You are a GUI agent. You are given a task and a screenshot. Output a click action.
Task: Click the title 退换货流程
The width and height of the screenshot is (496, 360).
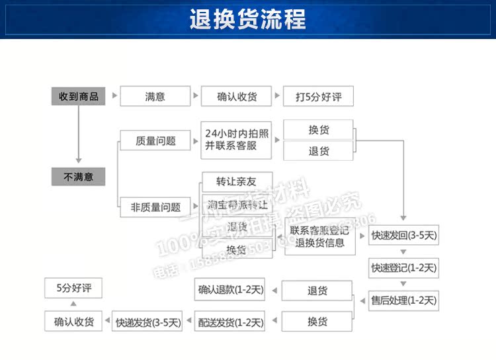[x=248, y=19]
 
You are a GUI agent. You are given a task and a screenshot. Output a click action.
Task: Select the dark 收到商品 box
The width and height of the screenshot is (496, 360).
[x=78, y=97]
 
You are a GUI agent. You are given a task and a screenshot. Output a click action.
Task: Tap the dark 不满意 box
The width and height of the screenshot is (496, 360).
[x=78, y=177]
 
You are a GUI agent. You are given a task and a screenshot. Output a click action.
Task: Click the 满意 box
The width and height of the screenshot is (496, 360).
[x=155, y=97]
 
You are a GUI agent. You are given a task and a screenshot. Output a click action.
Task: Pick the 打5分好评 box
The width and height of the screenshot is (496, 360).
[x=318, y=97]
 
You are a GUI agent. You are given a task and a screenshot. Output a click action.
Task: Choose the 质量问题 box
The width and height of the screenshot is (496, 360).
[x=155, y=140]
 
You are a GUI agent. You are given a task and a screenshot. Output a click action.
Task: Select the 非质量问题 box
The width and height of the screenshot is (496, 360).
[x=155, y=206]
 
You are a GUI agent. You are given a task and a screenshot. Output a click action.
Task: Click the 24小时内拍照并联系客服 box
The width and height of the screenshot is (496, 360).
[x=236, y=140]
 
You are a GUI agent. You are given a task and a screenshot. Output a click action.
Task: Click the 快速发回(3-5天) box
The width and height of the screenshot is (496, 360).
[x=403, y=235]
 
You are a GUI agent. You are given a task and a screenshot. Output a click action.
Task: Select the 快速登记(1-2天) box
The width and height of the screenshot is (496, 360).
[x=403, y=268]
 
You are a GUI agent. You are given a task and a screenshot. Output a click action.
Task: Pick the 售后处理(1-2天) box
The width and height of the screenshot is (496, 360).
[x=403, y=300]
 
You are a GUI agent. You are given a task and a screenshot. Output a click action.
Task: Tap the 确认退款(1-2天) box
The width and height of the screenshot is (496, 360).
[x=230, y=289]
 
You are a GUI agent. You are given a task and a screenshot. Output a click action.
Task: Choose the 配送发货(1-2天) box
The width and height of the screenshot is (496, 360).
[x=230, y=322]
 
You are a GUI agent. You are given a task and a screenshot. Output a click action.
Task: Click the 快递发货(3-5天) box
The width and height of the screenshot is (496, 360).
[x=147, y=322]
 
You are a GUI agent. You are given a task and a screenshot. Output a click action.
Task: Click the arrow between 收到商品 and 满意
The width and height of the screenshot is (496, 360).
[x=114, y=97]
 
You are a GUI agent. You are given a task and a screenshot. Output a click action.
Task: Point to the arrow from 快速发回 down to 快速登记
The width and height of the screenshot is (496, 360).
[x=403, y=251]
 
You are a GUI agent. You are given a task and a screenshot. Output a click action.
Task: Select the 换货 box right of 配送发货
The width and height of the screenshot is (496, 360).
[x=317, y=322]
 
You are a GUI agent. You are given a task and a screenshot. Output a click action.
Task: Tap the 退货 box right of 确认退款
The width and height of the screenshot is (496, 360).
[x=317, y=290]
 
